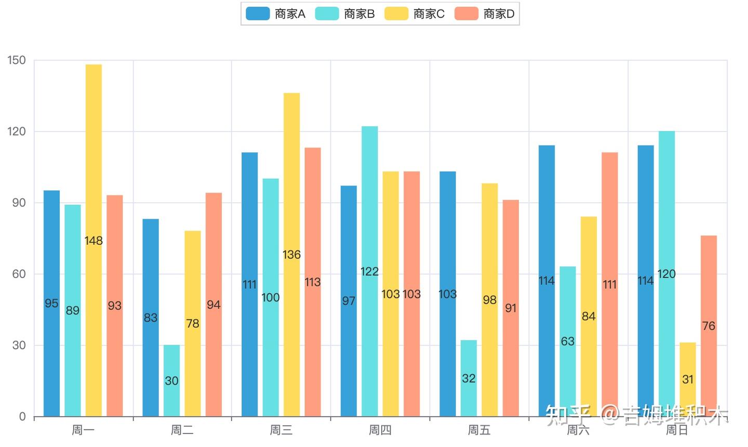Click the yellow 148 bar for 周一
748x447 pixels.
pos(94,240)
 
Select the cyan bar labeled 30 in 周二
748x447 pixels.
pos(171,380)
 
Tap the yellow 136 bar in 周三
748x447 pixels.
pos(292,255)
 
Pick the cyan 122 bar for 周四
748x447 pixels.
pos(370,271)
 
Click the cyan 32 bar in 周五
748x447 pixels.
pos(469,378)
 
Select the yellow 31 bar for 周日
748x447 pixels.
pos(688,379)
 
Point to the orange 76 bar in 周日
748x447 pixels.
pos(709,326)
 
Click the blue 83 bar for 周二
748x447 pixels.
pos(151,318)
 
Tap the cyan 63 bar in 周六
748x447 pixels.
pos(568,341)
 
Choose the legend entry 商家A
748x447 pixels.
pos(276,14)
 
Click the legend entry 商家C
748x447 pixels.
pos(415,14)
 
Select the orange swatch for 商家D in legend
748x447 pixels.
pos(466,14)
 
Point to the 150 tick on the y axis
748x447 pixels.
pos(17,60)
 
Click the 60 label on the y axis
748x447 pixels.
pos(19,274)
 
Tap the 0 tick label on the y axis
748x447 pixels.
pos(22,417)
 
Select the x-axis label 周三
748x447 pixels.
pos(281,430)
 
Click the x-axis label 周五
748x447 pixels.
pos(479,430)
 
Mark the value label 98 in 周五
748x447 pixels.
pos(490,300)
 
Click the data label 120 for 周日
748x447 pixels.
pos(666,274)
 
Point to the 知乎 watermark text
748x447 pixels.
pos(568,415)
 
